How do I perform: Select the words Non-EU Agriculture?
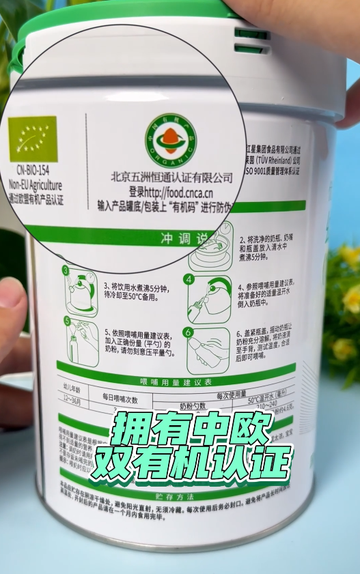point(36,185)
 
